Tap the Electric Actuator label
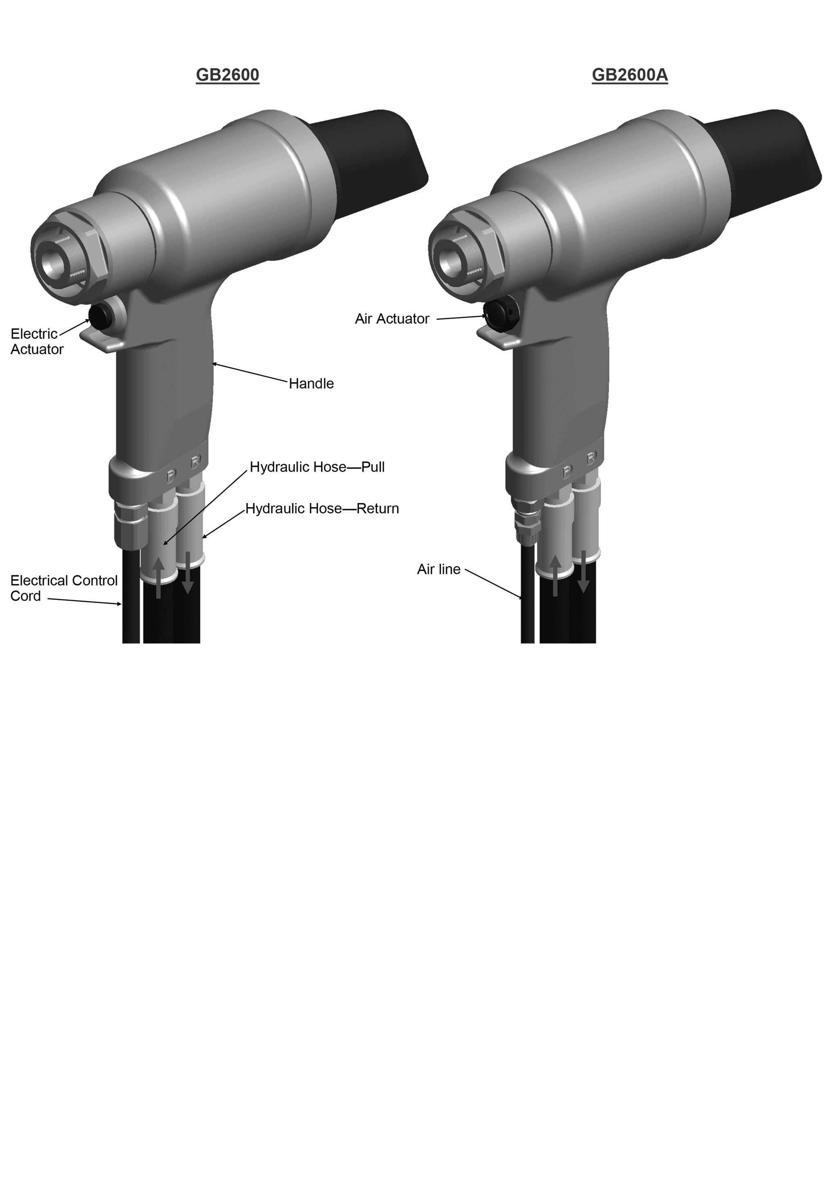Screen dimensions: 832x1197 click(36, 342)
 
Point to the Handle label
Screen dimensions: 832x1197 click(311, 384)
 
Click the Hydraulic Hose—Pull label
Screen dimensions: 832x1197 click(317, 467)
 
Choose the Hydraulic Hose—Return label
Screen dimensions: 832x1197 click(322, 508)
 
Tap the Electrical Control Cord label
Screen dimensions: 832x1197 click(64, 588)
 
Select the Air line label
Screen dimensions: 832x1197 click(438, 569)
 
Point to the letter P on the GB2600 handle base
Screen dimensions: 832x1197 click(171, 475)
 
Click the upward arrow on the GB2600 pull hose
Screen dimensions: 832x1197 click(159, 577)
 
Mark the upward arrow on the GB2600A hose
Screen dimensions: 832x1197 click(555, 575)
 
